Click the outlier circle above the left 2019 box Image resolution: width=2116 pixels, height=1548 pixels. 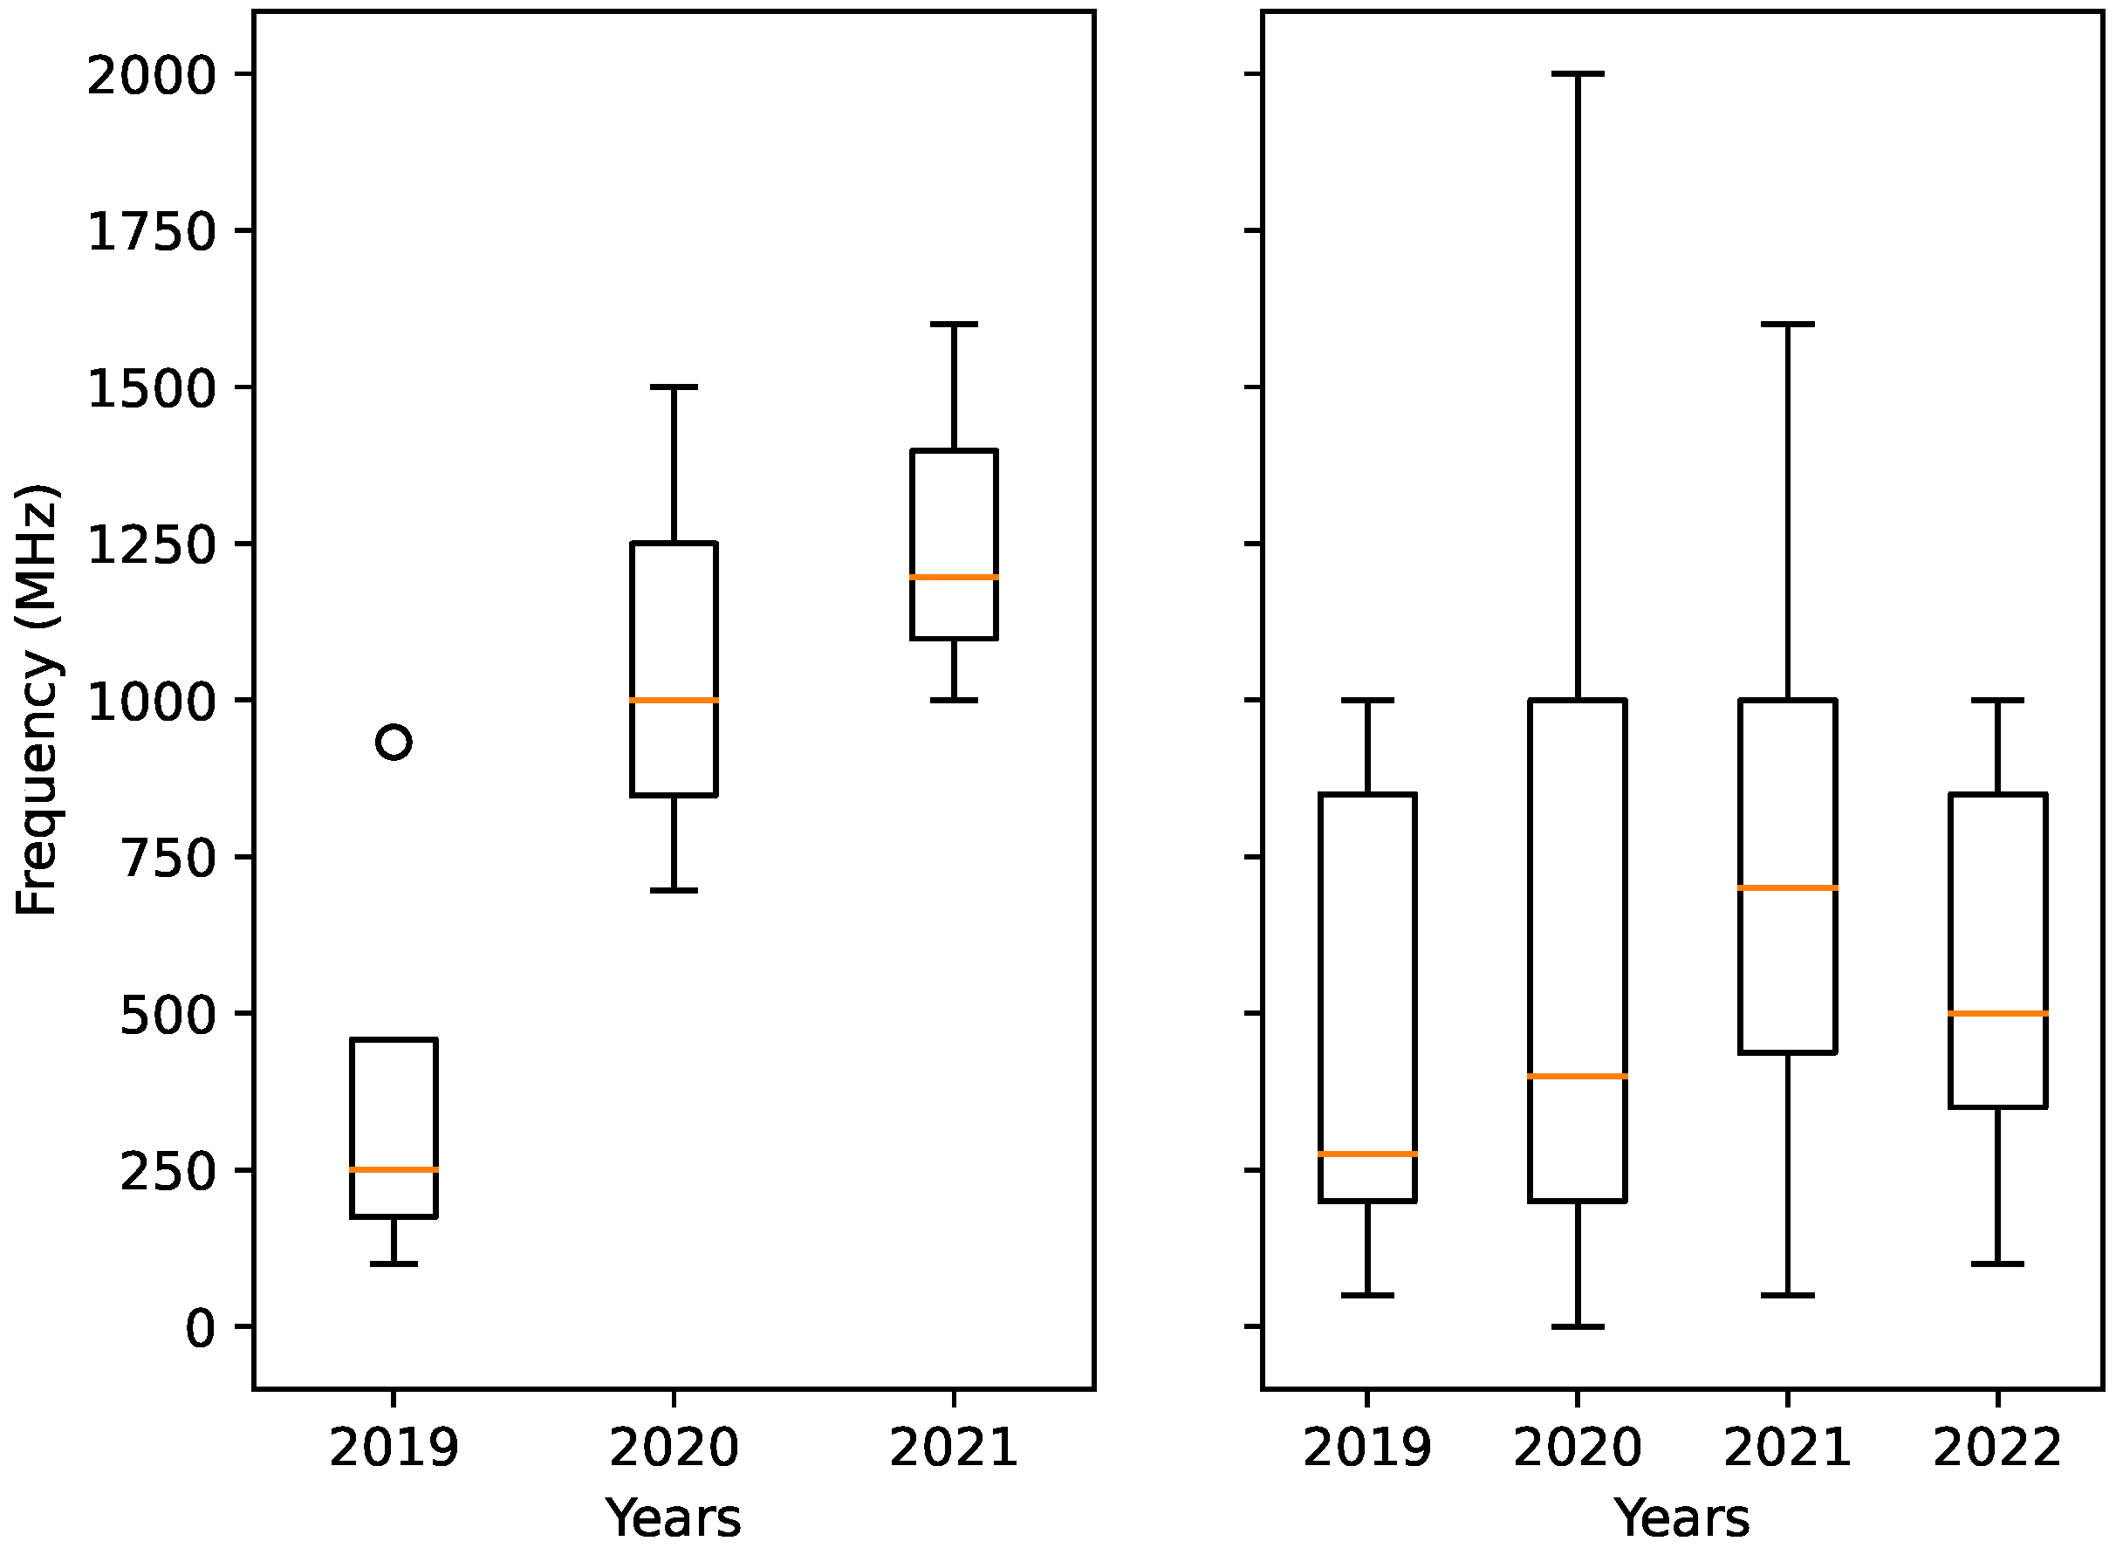point(394,742)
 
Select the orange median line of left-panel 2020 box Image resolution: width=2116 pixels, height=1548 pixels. point(674,700)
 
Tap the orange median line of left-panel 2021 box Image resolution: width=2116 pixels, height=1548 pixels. point(954,577)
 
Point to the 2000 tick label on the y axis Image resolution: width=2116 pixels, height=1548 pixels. point(152,75)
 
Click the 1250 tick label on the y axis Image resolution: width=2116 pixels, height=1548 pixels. point(152,545)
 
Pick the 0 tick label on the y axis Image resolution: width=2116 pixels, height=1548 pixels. point(201,1328)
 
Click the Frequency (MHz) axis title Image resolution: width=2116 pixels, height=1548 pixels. point(38,700)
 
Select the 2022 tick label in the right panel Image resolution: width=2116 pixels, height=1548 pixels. point(1997,1447)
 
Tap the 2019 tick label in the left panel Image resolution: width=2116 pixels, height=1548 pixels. point(394,1447)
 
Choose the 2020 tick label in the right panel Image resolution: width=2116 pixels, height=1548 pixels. point(1577,1447)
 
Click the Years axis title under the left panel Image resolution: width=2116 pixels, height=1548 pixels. point(673,1518)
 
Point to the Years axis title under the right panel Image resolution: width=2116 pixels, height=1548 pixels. point(1681,1518)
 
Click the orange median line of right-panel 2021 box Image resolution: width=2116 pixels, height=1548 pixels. point(1788,887)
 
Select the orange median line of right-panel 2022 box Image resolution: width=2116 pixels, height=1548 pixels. point(1998,1013)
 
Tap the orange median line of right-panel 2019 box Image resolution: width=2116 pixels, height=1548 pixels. point(1368,1154)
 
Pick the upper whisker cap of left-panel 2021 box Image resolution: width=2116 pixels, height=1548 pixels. point(954,325)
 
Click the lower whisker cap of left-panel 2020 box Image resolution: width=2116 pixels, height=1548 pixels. point(674,889)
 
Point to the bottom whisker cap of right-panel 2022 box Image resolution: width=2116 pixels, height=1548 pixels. point(1998,1264)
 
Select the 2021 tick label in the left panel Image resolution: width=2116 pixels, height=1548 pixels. point(953,1447)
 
